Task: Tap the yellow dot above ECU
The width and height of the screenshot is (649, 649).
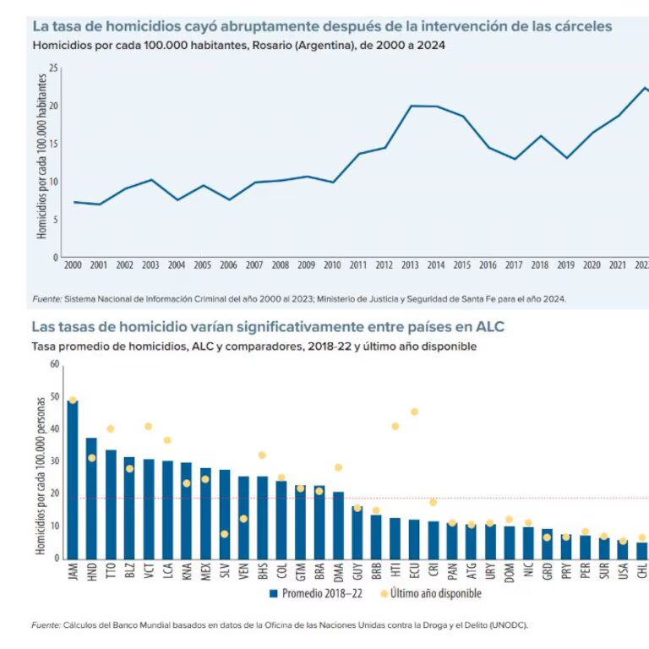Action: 414,412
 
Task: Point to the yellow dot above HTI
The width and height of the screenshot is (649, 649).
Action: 395,426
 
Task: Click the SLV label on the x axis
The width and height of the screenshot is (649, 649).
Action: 225,574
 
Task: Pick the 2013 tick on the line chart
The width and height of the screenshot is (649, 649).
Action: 409,265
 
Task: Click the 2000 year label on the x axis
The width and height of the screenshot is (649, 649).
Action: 74,265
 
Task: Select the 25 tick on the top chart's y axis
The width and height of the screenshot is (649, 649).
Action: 53,68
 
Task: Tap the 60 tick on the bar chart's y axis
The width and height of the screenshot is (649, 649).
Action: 53,364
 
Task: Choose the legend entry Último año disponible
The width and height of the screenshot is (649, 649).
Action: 431,593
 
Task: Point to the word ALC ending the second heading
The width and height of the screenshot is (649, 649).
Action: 489,326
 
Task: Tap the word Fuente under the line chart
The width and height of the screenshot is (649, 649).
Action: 46,298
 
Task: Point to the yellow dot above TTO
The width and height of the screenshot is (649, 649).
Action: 110,428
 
